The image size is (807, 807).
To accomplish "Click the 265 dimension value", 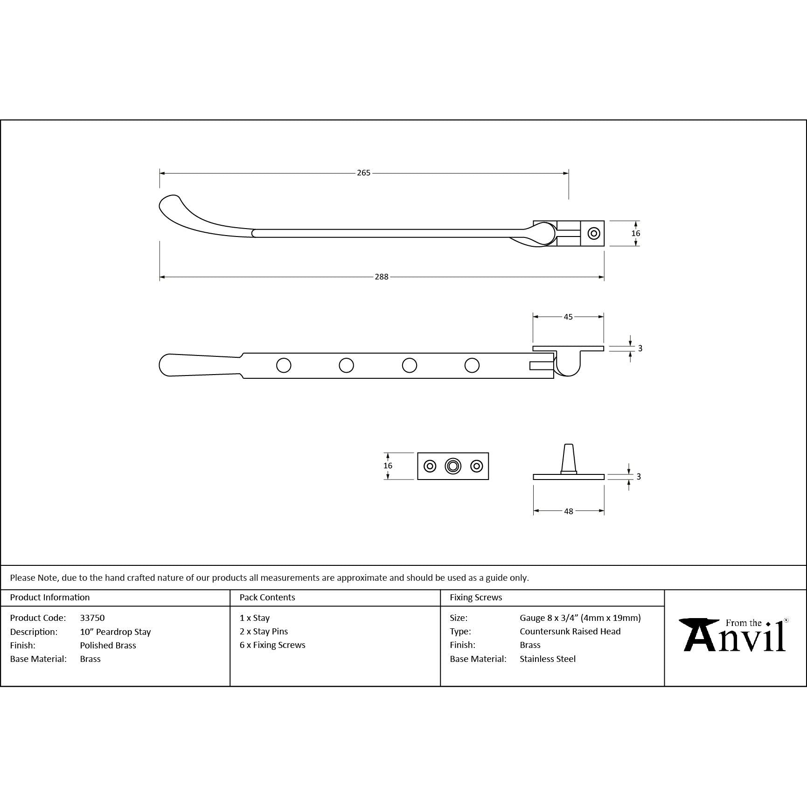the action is [x=363, y=173].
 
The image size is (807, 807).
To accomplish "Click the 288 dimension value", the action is [x=382, y=277].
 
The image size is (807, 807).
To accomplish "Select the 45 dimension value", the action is [x=568, y=317].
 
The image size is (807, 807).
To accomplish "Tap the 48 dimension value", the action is [x=569, y=511].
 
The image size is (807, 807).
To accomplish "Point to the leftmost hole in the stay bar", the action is [x=284, y=365].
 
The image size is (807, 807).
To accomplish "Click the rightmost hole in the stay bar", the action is [x=472, y=365].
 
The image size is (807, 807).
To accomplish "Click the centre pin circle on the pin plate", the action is [x=453, y=466].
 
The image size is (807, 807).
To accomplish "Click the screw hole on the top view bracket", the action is [x=594, y=233].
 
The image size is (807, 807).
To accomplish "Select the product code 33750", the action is [x=92, y=618].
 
